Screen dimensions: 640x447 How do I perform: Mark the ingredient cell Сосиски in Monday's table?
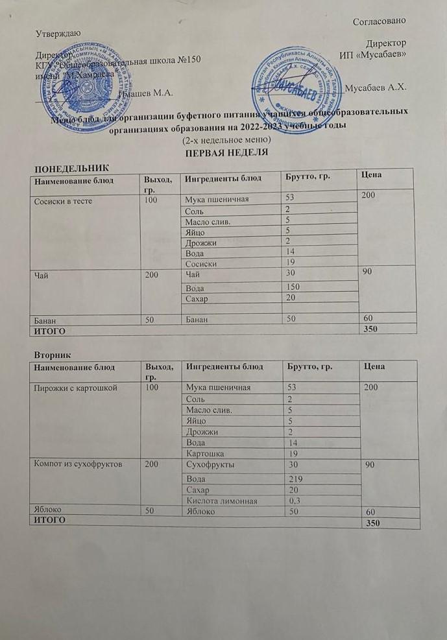(x=202, y=264)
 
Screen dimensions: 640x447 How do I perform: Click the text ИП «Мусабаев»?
(x=373, y=56)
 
